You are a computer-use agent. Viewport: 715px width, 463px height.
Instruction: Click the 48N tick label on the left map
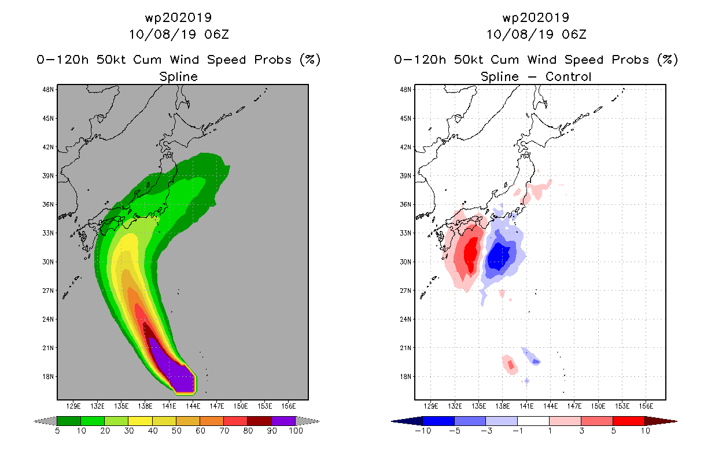click(x=48, y=90)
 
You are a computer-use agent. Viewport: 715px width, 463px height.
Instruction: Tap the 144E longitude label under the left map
click(x=193, y=406)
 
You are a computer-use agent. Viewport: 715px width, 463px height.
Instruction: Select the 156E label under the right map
click(x=646, y=406)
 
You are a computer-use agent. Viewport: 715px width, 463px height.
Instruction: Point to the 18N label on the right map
click(x=406, y=376)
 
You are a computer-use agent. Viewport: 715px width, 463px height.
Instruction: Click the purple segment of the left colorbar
click(x=283, y=421)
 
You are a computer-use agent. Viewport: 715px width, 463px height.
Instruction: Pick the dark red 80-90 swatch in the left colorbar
click(x=260, y=421)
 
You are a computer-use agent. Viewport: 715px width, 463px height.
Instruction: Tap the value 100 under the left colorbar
click(x=296, y=431)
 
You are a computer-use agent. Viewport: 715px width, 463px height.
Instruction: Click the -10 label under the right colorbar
click(x=423, y=431)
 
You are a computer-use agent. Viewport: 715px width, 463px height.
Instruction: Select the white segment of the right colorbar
click(x=533, y=421)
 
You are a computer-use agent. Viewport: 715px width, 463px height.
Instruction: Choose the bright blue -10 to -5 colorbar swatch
click(x=438, y=421)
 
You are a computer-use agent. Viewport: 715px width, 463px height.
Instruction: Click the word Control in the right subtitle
click(x=568, y=77)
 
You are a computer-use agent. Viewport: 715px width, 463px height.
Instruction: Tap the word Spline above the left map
click(x=178, y=77)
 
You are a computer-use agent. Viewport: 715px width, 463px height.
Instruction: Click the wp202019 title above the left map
click(x=178, y=17)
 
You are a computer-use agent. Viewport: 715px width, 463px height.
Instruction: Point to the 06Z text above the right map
click(x=574, y=34)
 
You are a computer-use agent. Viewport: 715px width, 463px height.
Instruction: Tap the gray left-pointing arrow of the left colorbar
click(x=45, y=421)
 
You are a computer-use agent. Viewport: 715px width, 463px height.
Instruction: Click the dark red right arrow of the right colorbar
click(x=661, y=421)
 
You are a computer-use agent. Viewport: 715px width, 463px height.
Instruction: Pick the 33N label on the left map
click(x=48, y=233)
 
